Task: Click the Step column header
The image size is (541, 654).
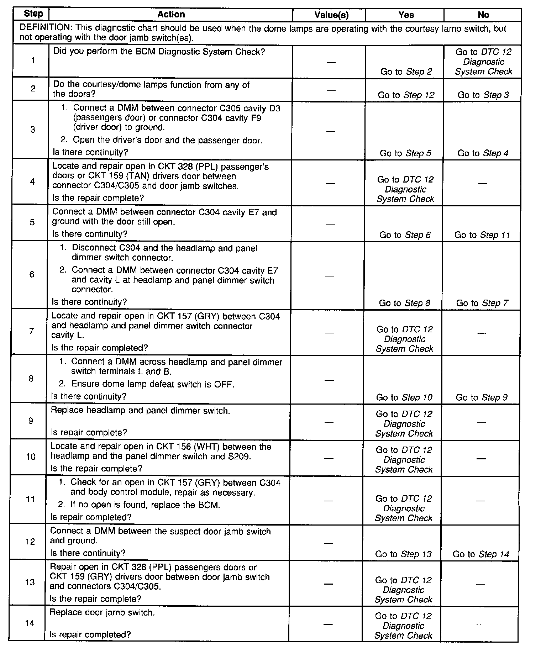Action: click(33, 14)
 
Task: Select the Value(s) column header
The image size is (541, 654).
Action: click(331, 15)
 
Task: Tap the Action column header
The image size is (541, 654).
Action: click(171, 15)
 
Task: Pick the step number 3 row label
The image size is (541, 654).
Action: click(33, 130)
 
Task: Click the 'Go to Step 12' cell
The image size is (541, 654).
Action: click(406, 95)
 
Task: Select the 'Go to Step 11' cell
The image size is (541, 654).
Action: click(482, 235)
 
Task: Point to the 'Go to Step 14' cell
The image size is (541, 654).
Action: click(480, 554)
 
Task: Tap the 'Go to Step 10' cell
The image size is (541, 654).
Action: click(404, 397)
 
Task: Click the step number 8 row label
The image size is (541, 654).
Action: click(31, 379)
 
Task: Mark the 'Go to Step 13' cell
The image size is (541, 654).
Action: click(403, 554)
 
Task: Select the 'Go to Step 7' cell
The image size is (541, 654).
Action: click(482, 303)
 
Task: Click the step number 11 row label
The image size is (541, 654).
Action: click(31, 499)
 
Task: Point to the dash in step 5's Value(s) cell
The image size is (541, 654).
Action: click(330, 224)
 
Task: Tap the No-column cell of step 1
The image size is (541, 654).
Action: click(483, 62)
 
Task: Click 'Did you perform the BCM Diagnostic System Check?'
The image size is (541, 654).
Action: click(159, 52)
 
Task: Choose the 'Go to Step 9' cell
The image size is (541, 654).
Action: click(482, 397)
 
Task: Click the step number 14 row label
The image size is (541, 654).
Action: click(30, 623)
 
